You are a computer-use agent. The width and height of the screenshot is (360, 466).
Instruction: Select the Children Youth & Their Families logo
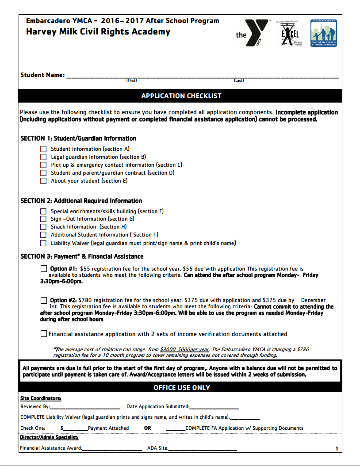(324, 33)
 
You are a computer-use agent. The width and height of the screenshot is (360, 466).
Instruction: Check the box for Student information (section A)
(43, 149)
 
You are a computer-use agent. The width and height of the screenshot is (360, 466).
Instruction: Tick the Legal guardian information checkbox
(43, 157)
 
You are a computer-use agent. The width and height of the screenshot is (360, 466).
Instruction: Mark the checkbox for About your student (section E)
(43, 181)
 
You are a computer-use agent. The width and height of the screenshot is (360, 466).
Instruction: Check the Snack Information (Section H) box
(43, 227)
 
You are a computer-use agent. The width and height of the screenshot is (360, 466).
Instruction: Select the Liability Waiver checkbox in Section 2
(43, 243)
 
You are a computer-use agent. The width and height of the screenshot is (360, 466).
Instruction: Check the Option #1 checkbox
(44, 268)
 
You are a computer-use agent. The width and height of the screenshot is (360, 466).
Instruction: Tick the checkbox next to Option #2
(44, 300)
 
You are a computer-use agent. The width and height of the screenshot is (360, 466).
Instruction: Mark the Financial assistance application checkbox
(44, 334)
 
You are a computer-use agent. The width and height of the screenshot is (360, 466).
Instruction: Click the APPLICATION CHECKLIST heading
(181, 96)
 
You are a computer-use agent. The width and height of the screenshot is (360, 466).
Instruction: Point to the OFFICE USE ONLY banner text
(181, 388)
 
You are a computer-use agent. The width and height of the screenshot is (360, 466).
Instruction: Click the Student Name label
(42, 75)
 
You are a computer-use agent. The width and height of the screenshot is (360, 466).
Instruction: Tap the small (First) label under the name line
(131, 80)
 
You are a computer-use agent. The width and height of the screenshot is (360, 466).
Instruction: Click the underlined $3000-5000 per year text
(185, 349)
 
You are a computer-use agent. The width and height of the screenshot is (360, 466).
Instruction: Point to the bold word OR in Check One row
(148, 428)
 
